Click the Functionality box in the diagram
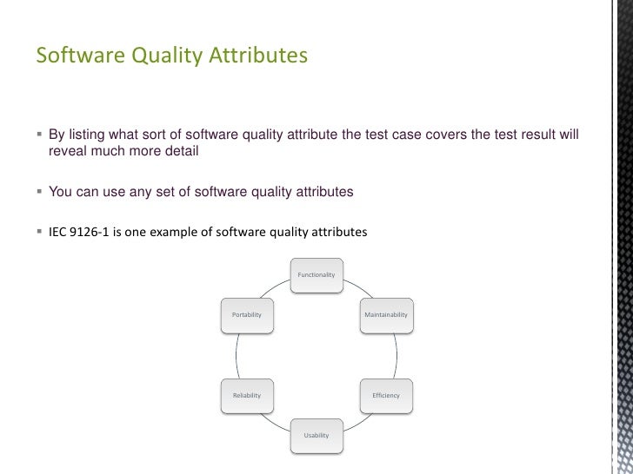click(x=316, y=274)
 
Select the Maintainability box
click(x=386, y=314)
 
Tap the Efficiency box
click(x=386, y=395)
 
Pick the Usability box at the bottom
click(x=316, y=434)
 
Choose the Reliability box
click(x=247, y=395)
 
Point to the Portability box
click(x=247, y=314)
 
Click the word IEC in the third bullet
click(x=59, y=232)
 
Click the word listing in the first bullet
click(x=89, y=135)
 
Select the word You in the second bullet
click(x=60, y=192)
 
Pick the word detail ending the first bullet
click(x=182, y=152)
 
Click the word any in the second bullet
click(x=143, y=192)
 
